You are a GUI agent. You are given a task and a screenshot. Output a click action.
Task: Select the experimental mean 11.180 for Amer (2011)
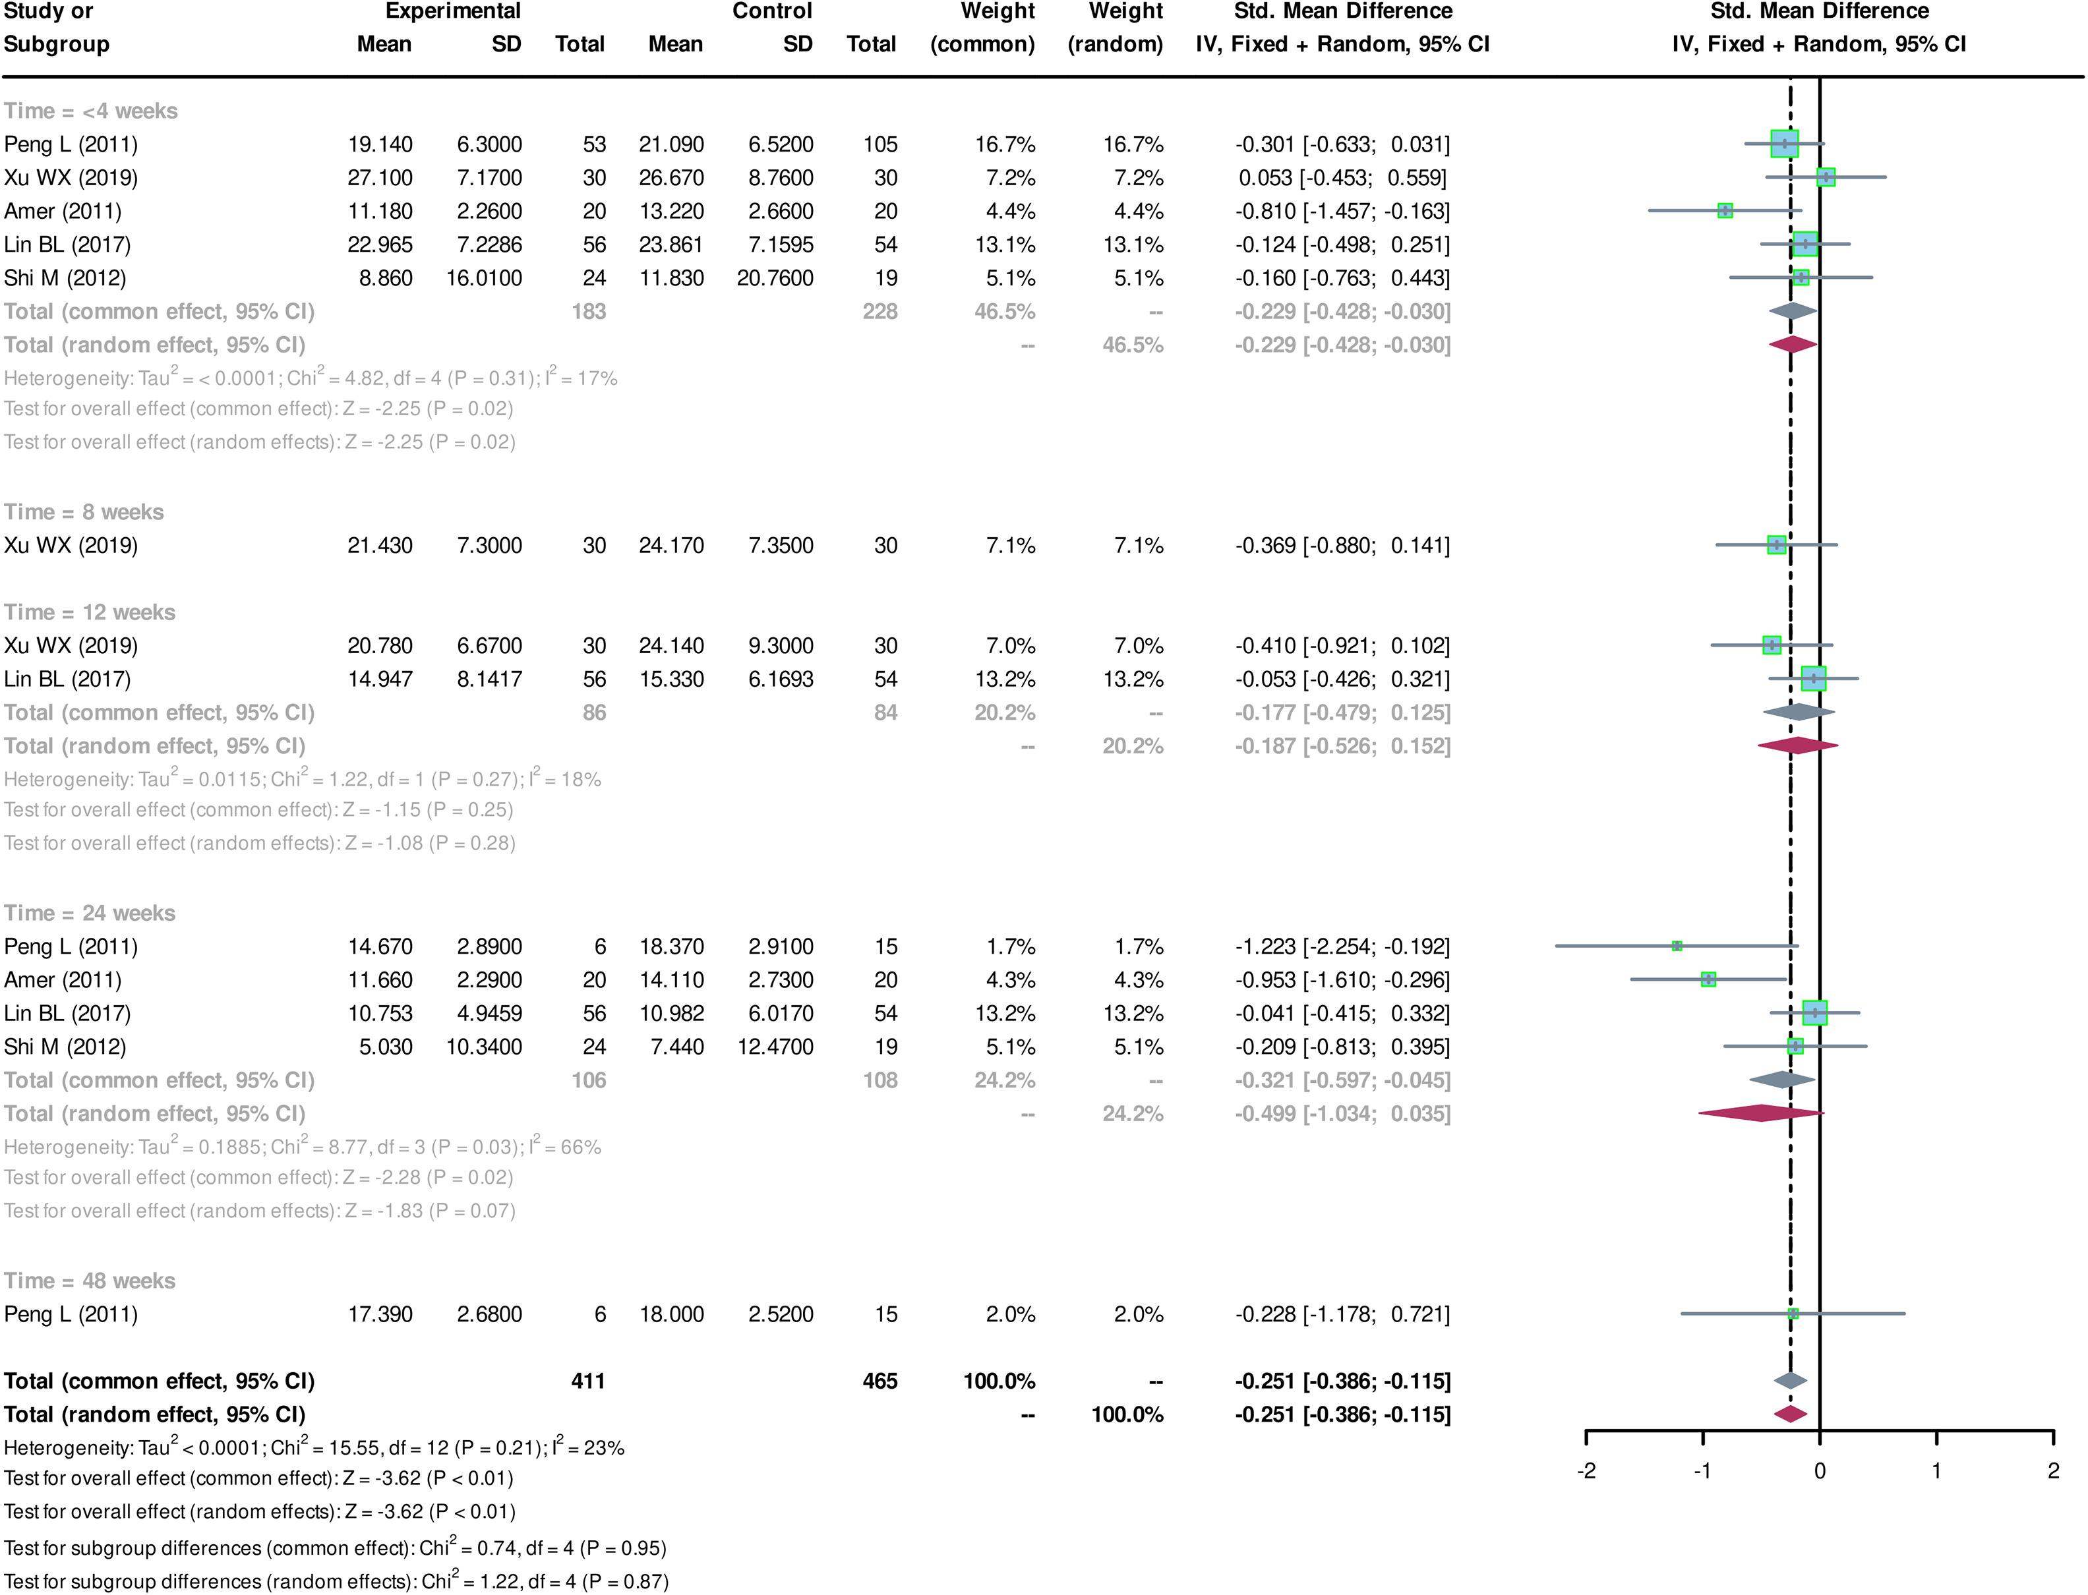(x=380, y=211)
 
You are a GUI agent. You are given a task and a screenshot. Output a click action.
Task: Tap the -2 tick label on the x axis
(x=1586, y=1470)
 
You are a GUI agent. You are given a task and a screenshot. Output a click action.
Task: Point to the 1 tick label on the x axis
(x=1936, y=1470)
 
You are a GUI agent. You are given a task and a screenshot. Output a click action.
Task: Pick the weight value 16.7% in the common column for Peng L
(x=1005, y=144)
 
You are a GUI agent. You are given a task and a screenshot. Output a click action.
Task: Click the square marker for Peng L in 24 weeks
(x=1677, y=946)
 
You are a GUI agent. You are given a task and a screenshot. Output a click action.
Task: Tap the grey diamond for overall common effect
(x=1790, y=1380)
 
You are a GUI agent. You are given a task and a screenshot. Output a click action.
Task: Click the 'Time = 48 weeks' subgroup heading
(x=89, y=1281)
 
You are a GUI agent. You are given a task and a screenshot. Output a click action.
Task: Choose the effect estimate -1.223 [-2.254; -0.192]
(x=1342, y=946)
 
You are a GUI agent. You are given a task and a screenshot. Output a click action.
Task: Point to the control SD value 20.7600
(x=775, y=278)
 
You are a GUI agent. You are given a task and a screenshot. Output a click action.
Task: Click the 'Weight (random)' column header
(x=1116, y=28)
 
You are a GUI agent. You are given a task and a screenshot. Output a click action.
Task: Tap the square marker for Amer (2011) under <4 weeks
(x=1725, y=211)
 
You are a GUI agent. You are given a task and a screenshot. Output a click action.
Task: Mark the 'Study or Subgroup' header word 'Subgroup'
(x=57, y=45)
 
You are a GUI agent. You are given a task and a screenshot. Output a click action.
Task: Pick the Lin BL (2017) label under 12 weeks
(x=67, y=679)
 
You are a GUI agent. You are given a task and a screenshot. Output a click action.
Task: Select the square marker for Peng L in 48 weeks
(x=1793, y=1314)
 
